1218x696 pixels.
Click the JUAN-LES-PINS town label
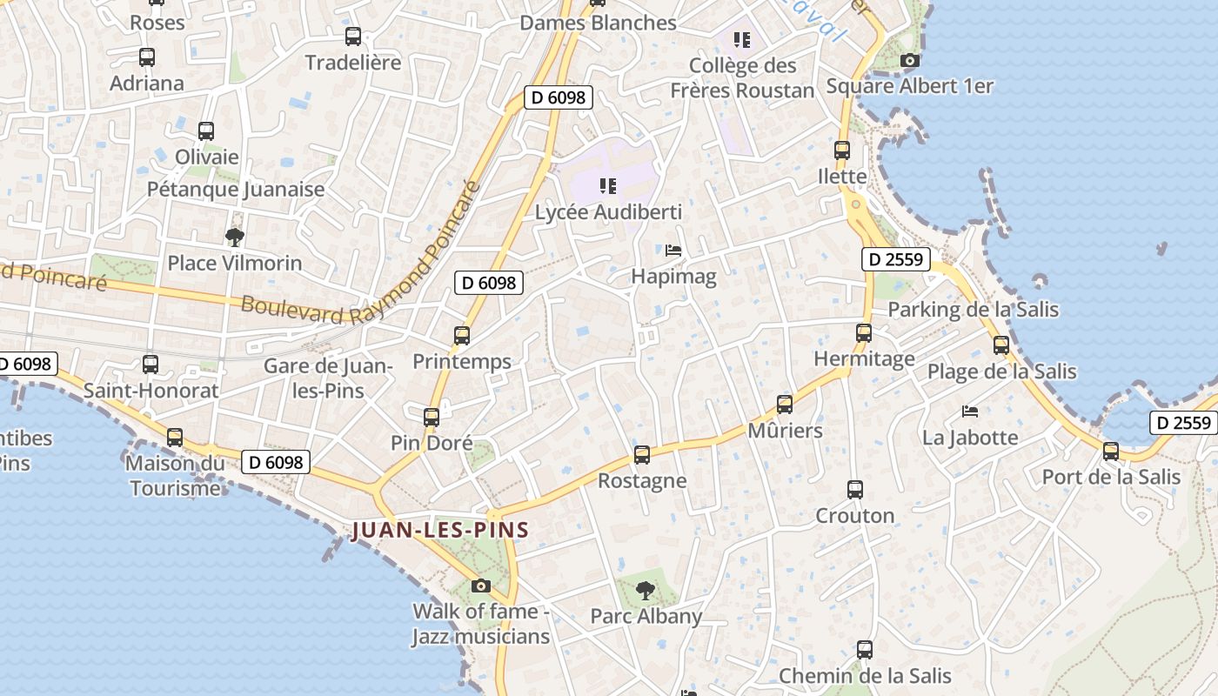(439, 530)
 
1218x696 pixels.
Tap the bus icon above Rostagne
(642, 454)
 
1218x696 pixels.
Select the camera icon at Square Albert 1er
(909, 60)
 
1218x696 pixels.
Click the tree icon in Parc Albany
(645, 591)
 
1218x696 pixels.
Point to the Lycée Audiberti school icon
(608, 185)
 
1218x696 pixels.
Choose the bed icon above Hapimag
(673, 251)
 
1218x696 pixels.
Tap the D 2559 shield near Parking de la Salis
(896, 259)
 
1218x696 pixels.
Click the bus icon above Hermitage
(864, 332)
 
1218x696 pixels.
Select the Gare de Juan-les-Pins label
(329, 378)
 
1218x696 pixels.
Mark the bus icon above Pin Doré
(432, 417)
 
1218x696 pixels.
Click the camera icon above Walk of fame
(480, 586)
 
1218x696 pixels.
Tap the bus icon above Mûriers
(785, 404)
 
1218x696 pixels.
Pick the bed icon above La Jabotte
(970, 411)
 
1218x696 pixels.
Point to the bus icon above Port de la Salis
(1111, 451)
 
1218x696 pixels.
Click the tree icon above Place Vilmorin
(234, 237)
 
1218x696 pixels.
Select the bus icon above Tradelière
(353, 37)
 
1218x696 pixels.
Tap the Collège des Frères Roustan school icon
(741, 39)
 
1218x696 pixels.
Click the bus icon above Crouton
(855, 489)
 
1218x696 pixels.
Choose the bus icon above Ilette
(842, 150)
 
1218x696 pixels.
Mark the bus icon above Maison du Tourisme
(175, 437)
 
